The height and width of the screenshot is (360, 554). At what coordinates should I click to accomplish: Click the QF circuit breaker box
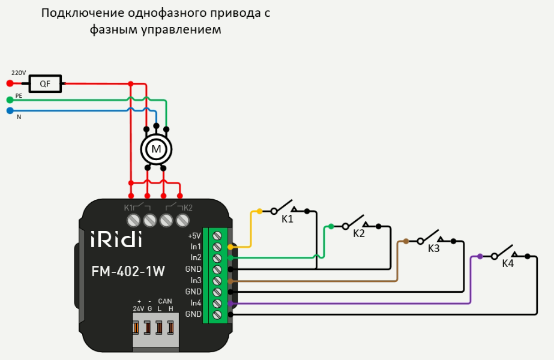45,84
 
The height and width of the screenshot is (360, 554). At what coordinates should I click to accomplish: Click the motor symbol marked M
156,148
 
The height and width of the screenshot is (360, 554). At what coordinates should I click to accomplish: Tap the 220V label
19,73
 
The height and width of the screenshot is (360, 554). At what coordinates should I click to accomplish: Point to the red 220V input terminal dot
10,84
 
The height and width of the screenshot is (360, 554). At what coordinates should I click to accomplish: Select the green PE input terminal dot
10,100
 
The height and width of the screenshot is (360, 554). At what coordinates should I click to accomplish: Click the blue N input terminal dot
10,110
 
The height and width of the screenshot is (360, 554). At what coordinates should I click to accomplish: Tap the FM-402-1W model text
128,271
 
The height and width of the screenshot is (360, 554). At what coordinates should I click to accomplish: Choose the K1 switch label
288,219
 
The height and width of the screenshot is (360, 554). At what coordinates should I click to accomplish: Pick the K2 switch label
359,233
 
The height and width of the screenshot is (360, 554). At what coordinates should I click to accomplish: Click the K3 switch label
434,248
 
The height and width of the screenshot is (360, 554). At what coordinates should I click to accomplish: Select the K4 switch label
508,263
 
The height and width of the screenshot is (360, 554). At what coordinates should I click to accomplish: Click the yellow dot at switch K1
259,211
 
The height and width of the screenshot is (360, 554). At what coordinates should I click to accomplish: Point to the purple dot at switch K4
480,256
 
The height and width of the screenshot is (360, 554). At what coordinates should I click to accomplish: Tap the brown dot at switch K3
406,241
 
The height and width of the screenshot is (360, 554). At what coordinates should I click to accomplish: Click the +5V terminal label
194,235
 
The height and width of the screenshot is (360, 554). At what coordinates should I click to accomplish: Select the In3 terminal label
196,280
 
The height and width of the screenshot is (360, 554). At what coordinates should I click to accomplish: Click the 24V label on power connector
139,308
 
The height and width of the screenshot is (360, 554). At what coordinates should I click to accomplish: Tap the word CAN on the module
165,301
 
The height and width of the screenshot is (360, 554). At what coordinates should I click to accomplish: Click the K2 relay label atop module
187,208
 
